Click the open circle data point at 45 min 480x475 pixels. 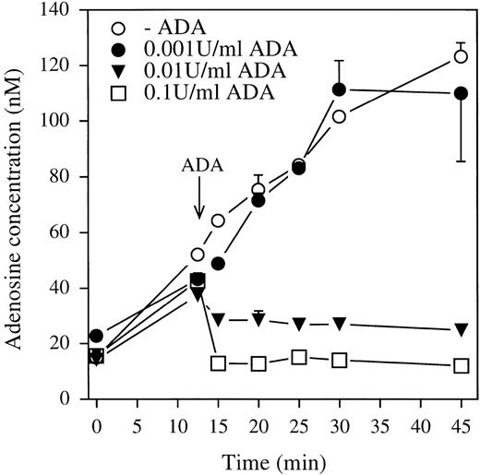click(461, 56)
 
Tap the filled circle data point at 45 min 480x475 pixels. click(461, 94)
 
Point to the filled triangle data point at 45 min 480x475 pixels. click(461, 329)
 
